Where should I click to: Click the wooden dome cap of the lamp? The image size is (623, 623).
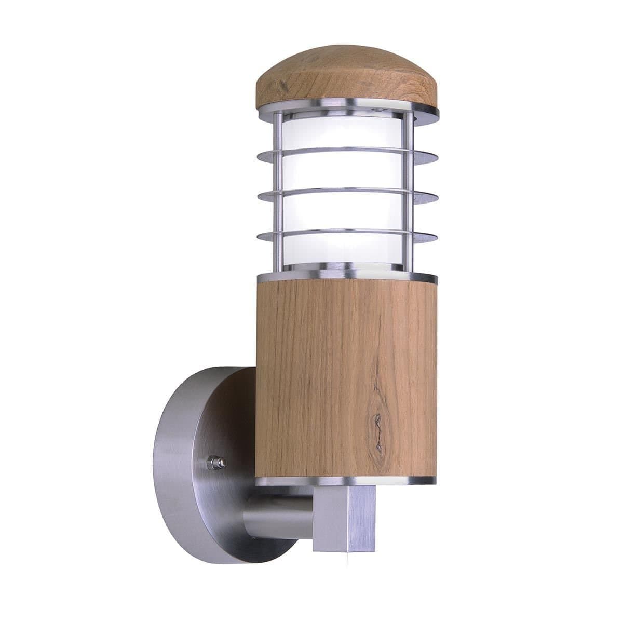(x=347, y=78)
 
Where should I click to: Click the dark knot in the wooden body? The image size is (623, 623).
(x=377, y=423)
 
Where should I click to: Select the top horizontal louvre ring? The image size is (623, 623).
(x=348, y=153)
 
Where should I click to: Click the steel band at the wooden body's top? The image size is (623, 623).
(x=348, y=275)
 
